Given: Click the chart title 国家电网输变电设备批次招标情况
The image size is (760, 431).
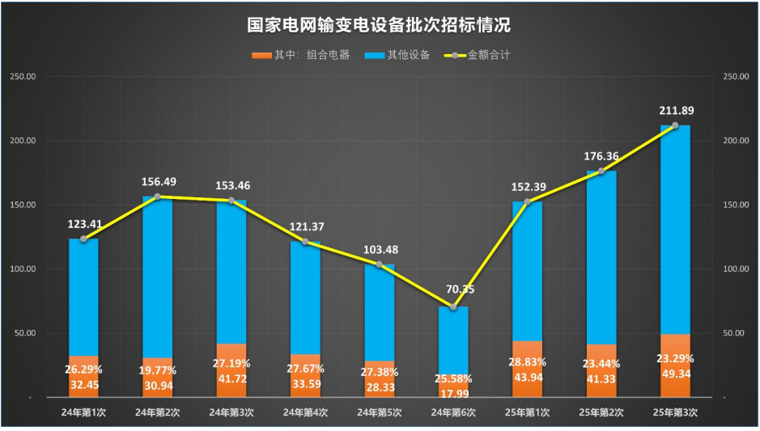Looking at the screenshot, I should coord(379,25).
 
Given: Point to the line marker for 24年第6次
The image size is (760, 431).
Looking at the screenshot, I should coord(453,307).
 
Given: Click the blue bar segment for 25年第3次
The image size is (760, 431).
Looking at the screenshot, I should coord(676,226).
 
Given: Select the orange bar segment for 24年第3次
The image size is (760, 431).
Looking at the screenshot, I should coord(231,370).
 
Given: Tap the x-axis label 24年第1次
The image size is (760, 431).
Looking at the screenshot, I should coord(83,412).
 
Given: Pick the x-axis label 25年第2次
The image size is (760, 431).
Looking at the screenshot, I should coord(601,412).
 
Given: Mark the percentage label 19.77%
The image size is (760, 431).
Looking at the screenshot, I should coord(157,370).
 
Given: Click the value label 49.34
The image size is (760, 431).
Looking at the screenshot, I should coord(676,374).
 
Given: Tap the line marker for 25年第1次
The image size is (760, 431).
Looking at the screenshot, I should coord(527,202).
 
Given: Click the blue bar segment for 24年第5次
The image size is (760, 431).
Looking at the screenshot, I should coord(379,311).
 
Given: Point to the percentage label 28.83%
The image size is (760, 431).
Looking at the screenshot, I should coord(528,362).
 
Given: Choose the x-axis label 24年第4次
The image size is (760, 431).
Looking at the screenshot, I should coord(305,412).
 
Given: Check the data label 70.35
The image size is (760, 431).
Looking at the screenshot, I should coord(453,289).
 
